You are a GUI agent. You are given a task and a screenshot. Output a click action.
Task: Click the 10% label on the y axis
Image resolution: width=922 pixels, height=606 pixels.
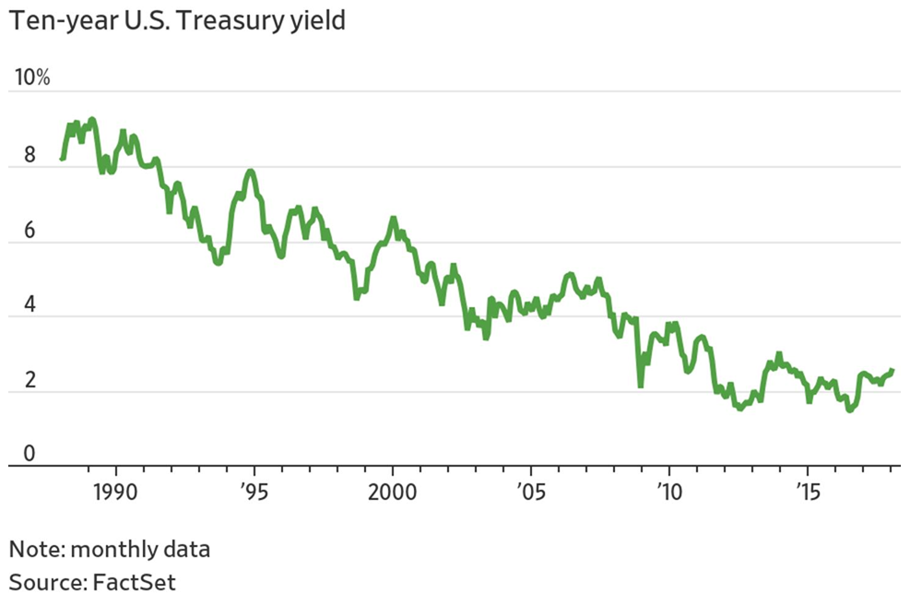coord(30,77)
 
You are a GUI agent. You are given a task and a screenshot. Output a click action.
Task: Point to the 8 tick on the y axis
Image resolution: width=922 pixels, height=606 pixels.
coord(30,156)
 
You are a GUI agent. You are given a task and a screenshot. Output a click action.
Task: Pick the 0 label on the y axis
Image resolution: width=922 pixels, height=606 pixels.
coord(30,453)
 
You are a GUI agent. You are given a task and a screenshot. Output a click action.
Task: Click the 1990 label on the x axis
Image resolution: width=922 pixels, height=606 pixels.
coord(116,487)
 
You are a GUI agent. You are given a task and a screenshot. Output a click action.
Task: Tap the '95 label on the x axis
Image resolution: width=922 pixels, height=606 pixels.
coord(255,487)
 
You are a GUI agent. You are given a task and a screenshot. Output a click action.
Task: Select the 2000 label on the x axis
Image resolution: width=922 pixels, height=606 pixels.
coord(393,487)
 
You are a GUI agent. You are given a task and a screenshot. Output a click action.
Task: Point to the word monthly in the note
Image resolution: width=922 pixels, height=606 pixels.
coord(112,551)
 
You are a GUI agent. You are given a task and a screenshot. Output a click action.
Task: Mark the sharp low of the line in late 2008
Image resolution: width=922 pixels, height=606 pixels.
coord(640,385)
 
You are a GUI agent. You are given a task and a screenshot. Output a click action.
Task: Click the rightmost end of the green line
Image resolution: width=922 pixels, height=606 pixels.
coord(892,370)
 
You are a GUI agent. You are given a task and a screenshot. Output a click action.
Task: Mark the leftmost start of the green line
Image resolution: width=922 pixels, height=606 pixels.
coord(62,159)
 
